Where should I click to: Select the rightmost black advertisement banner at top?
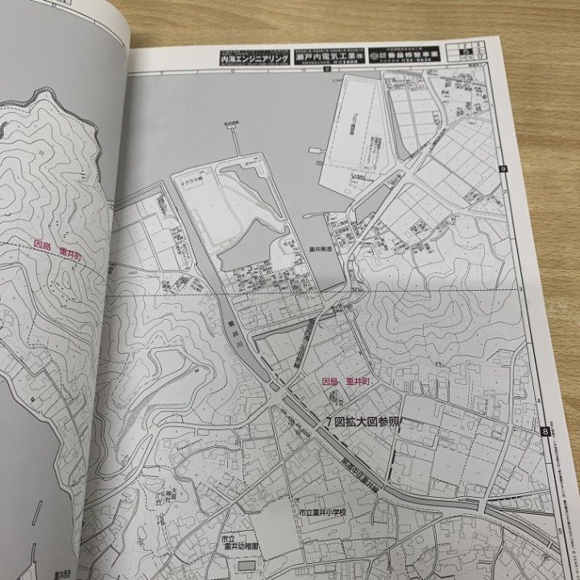405,53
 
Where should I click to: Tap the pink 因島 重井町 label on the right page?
344,382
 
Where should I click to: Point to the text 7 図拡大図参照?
362,422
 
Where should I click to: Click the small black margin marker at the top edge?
323,70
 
